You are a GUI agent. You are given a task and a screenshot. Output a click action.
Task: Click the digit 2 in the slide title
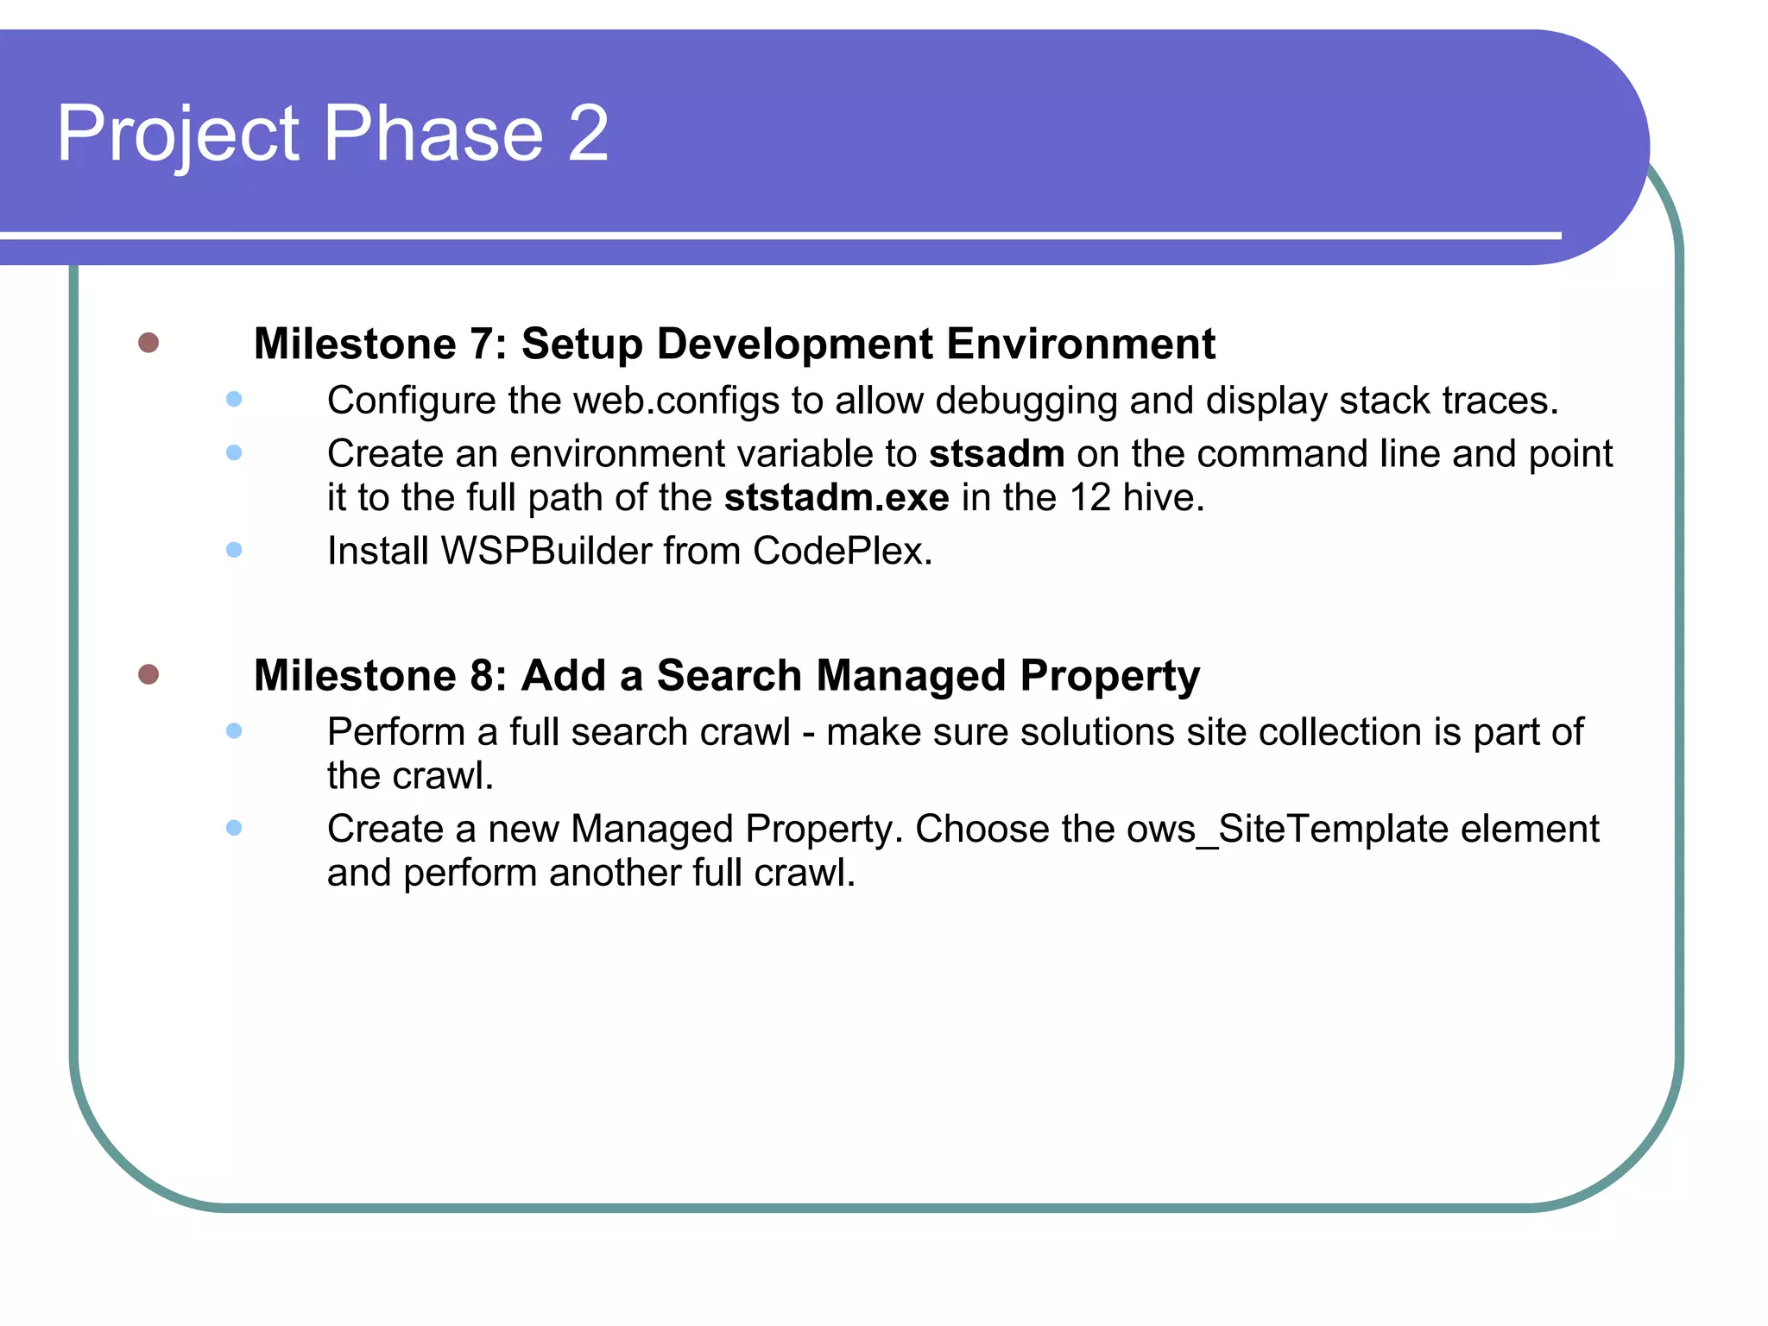tap(588, 133)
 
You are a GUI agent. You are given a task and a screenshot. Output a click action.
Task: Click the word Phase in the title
tap(433, 133)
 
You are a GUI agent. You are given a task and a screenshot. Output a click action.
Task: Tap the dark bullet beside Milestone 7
tap(148, 343)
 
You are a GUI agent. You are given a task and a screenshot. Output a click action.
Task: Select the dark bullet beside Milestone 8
tap(148, 673)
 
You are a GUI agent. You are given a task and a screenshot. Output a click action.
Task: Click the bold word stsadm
tap(996, 454)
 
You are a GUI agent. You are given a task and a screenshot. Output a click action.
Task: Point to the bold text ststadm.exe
tap(837, 498)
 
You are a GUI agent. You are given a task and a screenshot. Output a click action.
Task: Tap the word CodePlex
tap(842, 551)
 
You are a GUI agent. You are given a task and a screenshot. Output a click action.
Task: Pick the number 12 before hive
tap(1090, 498)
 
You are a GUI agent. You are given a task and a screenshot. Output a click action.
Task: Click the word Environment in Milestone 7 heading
tap(1081, 344)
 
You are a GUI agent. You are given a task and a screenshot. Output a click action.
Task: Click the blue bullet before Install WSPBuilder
tap(234, 550)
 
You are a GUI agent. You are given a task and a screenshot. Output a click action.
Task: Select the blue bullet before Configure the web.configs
tap(234, 399)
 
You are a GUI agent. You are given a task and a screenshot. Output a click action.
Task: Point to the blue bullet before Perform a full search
tap(234, 731)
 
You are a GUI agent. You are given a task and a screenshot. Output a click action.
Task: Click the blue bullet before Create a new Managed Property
tap(234, 828)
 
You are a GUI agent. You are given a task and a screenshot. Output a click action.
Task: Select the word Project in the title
tap(178, 133)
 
